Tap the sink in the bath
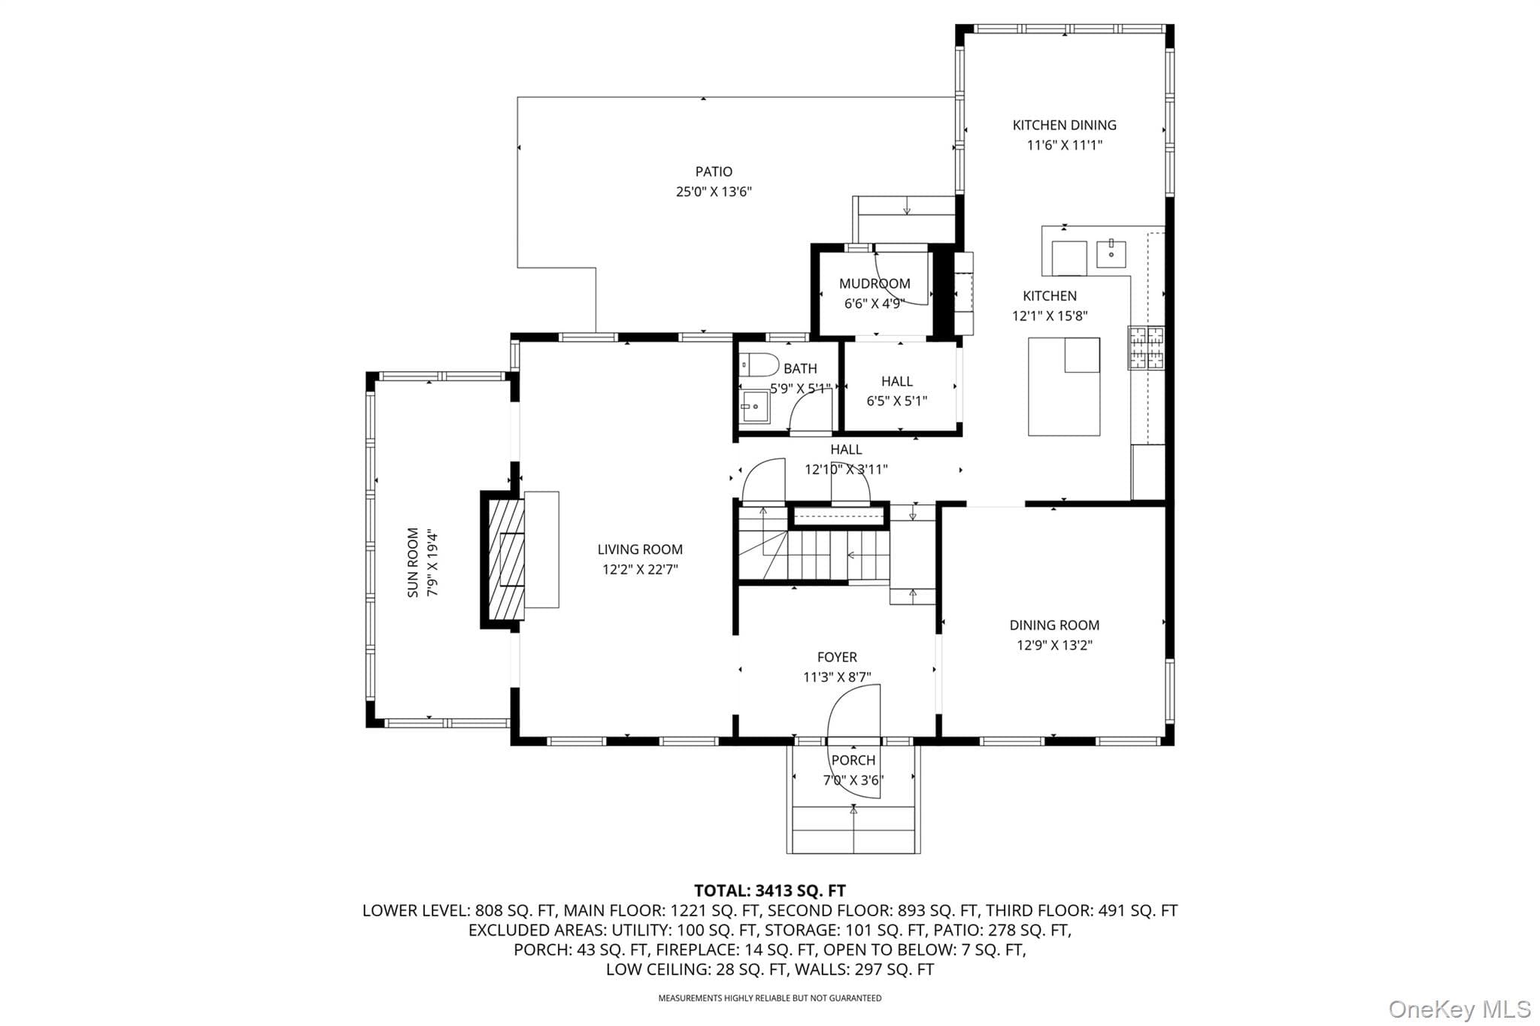(754, 407)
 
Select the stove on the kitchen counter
(1146, 347)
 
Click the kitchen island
(1064, 386)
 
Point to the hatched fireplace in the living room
(506, 554)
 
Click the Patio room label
(714, 171)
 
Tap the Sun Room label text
(413, 562)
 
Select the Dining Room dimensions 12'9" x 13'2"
(1054, 645)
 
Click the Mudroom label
(875, 283)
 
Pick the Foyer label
(837, 657)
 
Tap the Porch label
(853, 760)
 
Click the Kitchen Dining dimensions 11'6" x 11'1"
(1065, 145)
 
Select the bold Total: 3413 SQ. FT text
(770, 891)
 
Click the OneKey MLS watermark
(1460, 1009)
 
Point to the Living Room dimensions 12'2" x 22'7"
(640, 570)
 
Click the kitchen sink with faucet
(1111, 254)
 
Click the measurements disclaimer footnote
(770, 998)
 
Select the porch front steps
(853, 830)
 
